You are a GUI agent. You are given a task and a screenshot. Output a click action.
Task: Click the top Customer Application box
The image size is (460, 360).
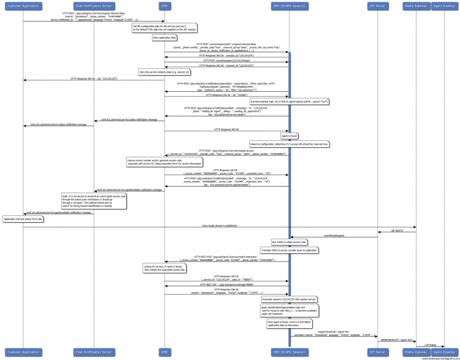(23, 6)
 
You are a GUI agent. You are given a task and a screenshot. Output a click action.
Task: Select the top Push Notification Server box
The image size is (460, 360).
(94, 6)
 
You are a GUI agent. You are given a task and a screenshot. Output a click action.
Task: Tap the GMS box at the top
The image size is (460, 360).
(165, 6)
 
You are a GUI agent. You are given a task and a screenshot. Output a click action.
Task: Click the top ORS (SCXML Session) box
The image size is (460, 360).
(288, 6)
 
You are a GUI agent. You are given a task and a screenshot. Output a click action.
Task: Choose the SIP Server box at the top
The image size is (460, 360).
(377, 6)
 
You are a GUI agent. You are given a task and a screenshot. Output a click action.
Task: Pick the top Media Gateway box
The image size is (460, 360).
(416, 6)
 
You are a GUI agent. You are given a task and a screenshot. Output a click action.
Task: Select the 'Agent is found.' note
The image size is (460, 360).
(289, 136)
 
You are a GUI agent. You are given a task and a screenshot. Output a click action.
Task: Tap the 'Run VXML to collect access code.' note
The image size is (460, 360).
(289, 242)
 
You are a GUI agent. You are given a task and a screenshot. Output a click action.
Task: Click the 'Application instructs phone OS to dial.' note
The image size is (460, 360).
(23, 219)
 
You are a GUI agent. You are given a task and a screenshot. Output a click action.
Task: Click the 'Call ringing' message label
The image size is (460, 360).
(430, 344)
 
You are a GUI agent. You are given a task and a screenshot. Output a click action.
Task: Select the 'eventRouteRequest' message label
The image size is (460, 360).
(333, 236)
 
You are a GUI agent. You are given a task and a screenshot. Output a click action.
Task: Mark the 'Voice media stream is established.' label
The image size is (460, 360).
(219, 226)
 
